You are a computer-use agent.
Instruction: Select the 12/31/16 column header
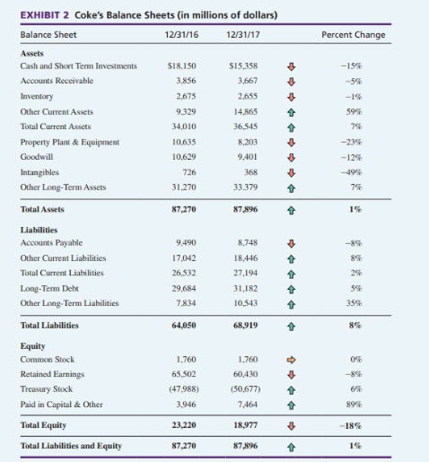182,35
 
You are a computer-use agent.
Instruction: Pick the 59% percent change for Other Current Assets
379,111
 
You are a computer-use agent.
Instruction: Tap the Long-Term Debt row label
44,287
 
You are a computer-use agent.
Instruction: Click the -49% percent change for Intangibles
376,172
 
